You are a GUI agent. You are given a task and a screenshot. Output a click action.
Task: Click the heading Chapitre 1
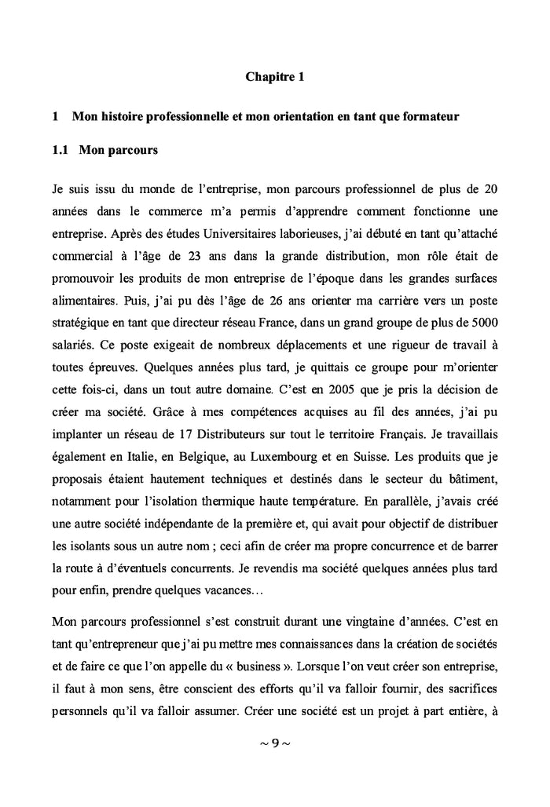click(274, 77)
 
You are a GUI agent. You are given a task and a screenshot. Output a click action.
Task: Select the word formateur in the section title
click(425, 117)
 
